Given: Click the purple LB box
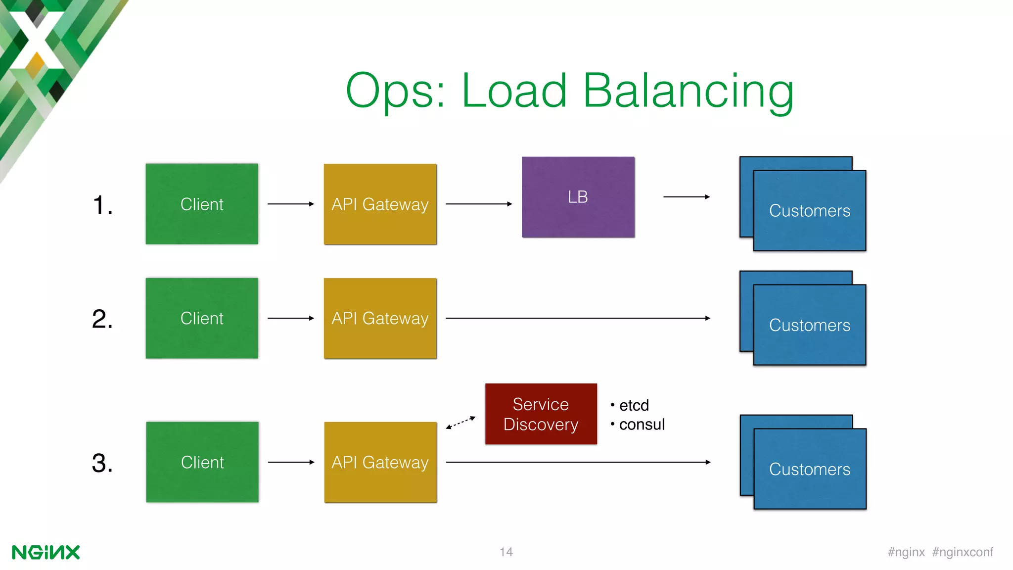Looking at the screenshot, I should tap(578, 197).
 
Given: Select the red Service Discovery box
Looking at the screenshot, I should tap(541, 414).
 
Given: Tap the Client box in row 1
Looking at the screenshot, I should tap(202, 204).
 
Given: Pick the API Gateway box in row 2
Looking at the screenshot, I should tap(380, 318).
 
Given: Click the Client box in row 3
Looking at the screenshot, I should tap(202, 462).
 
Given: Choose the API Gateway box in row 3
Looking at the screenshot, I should tap(380, 462).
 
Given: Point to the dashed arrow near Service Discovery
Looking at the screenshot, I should tap(460, 423).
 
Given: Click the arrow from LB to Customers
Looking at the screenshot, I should tap(686, 197).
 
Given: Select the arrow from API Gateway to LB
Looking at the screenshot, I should tap(478, 204).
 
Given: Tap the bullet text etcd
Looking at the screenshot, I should tap(634, 405).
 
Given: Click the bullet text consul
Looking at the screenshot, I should tap(642, 425).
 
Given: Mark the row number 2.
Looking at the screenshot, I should tap(102, 319).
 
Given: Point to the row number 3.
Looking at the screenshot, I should tap(102, 463).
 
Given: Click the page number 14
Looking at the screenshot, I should tap(506, 552).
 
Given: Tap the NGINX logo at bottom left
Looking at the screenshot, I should tap(46, 552).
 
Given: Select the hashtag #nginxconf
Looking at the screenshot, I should tap(963, 552).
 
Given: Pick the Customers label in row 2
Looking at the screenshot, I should tap(809, 325).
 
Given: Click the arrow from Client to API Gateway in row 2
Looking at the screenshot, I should tap(290, 318).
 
